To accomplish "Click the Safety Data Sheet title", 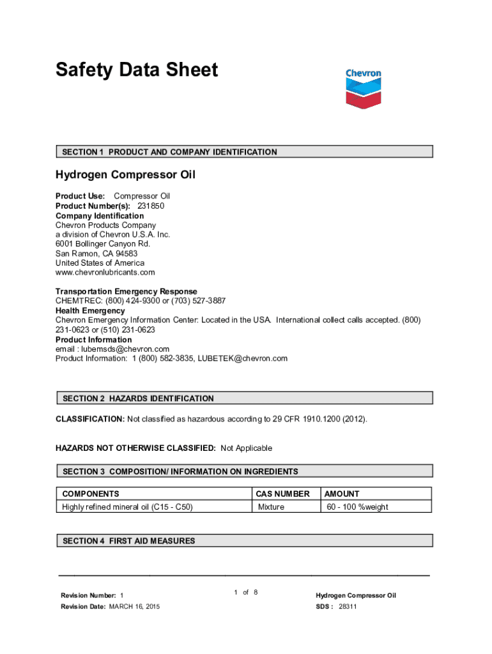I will tap(136, 70).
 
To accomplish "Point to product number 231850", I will tap(155, 206).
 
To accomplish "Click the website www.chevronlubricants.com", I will tap(105, 273).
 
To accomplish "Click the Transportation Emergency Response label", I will tap(126, 292).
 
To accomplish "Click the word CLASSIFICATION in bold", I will tap(89, 419).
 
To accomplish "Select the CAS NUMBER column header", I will tap(282, 494).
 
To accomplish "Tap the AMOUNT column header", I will tap(342, 494).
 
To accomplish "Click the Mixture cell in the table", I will tap(271, 507).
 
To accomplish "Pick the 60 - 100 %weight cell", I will tap(357, 507).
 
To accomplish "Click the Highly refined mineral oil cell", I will tap(127, 507).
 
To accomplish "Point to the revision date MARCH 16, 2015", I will tap(135, 607).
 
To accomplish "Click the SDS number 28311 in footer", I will tap(348, 607).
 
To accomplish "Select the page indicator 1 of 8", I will tap(246, 593).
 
